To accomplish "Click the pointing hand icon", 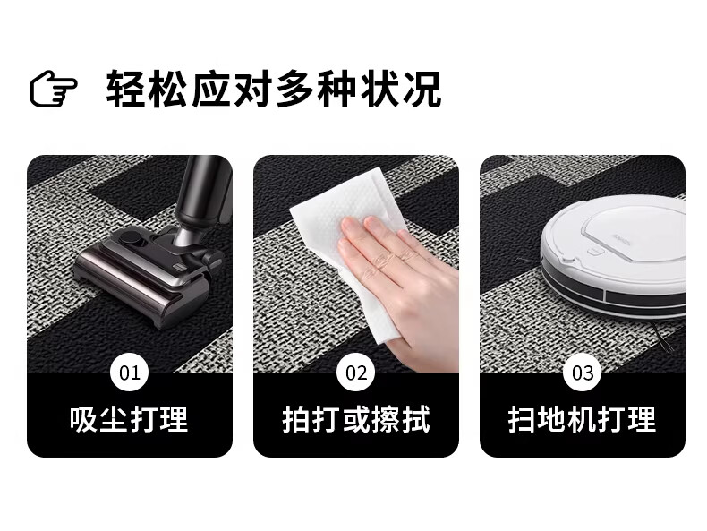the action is coord(53,89).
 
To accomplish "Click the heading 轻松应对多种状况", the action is coord(273,89).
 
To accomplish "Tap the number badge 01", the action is coord(130,373).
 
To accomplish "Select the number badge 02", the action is coord(356,373).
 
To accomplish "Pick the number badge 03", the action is coord(583,373).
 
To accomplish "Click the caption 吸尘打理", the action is coord(129,419).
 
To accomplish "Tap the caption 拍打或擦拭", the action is coord(356,419).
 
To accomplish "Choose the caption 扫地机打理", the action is coord(582,419).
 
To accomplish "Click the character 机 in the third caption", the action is coord(582,419).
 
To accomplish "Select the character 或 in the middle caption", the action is coord(356,419).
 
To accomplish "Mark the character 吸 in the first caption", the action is coord(84,419).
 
